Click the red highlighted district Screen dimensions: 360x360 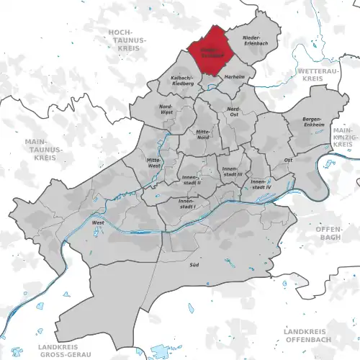212,50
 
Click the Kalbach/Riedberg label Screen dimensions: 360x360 180,80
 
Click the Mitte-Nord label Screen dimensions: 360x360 206,132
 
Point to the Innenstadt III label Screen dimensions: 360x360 232,171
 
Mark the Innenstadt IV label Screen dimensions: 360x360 259,184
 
